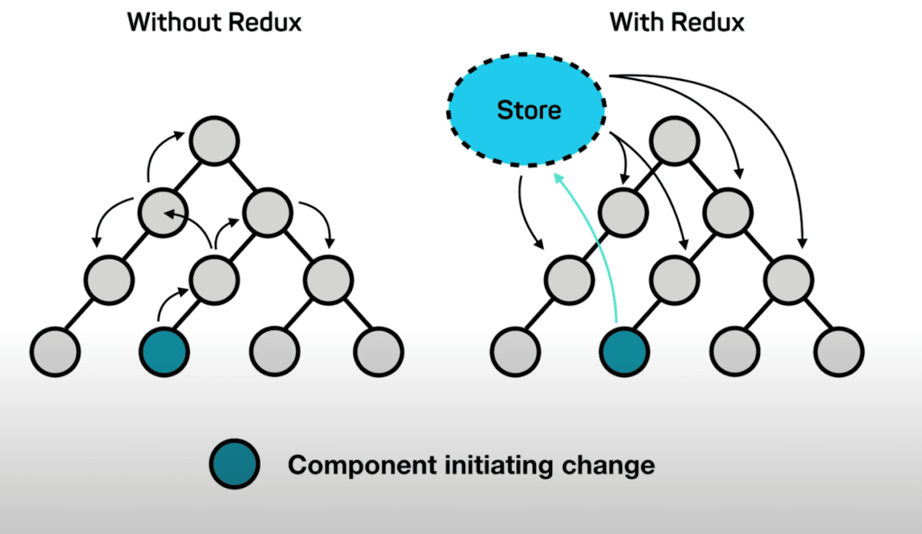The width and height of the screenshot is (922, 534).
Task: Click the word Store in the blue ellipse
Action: click(x=529, y=110)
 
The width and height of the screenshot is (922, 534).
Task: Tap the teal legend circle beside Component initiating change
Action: click(x=234, y=464)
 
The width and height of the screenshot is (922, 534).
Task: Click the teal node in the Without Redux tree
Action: click(x=164, y=352)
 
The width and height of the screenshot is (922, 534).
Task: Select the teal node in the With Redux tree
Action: click(x=624, y=352)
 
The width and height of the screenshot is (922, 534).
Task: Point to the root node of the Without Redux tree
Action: click(x=214, y=141)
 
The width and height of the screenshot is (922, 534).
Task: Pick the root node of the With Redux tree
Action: click(x=674, y=141)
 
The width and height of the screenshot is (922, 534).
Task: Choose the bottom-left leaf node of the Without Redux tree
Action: click(x=55, y=352)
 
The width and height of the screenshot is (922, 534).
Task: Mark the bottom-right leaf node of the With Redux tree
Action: click(x=839, y=352)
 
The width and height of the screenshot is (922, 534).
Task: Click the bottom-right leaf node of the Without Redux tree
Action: click(x=378, y=352)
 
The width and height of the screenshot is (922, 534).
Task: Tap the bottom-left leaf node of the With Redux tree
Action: click(x=515, y=352)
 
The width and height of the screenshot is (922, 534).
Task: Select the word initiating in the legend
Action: click(x=499, y=465)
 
